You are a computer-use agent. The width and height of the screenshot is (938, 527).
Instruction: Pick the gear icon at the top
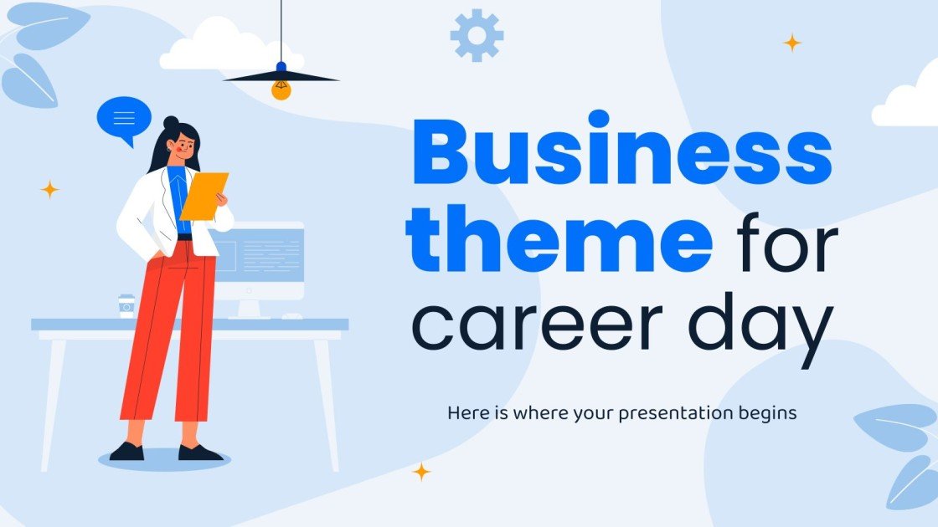click(x=477, y=35)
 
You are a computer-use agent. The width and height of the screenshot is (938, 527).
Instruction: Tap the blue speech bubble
click(x=124, y=117)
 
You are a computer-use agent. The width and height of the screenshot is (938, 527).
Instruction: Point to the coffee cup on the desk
click(x=126, y=305)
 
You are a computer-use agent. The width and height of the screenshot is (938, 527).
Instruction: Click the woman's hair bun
click(x=171, y=123)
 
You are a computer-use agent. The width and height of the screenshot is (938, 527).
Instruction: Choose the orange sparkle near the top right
click(x=791, y=43)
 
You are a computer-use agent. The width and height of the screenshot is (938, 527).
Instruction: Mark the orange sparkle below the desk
click(x=421, y=472)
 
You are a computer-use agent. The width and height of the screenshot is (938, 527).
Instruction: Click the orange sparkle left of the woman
click(x=49, y=190)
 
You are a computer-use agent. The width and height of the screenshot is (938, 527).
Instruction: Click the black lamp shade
click(x=281, y=76)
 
